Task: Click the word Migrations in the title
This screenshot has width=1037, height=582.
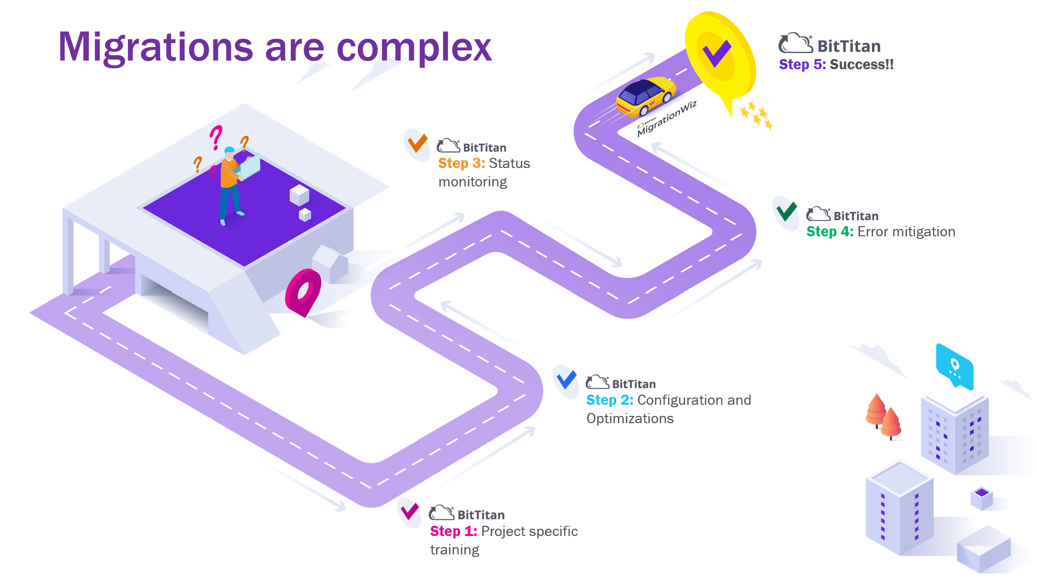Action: click(x=155, y=47)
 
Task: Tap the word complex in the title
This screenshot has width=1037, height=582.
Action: click(x=414, y=47)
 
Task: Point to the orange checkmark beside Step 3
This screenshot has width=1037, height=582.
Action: click(x=417, y=143)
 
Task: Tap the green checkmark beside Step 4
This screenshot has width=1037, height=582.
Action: click(x=786, y=211)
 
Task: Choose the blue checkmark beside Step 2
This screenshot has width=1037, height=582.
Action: click(x=566, y=380)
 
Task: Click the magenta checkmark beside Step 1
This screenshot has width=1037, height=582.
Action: click(x=410, y=511)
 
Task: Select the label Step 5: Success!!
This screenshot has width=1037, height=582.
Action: click(x=836, y=65)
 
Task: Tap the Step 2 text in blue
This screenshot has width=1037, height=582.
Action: click(x=610, y=400)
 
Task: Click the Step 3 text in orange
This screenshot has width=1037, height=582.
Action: click(x=461, y=164)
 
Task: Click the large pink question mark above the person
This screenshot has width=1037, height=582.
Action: click(x=216, y=137)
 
